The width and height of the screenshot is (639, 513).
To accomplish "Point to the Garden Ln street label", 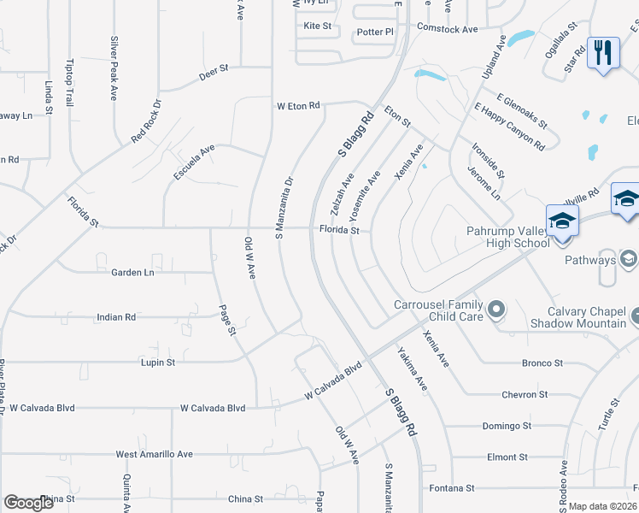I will click(132, 272).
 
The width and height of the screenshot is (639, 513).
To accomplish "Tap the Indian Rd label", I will click(117, 316).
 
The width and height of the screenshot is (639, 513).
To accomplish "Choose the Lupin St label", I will click(157, 363).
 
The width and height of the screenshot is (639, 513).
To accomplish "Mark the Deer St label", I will click(214, 71).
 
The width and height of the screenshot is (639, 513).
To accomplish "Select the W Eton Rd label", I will click(297, 106).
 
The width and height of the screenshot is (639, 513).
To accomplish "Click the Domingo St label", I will click(507, 426).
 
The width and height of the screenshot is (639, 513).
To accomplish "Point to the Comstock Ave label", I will click(447, 29).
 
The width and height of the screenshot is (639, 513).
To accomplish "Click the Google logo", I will click(28, 503).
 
